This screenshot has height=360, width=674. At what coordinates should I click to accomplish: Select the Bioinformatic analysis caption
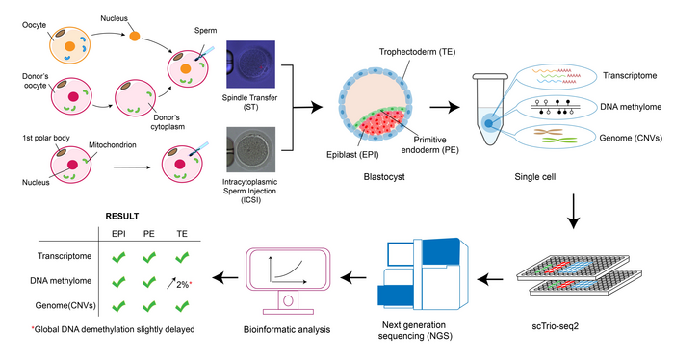click(287, 330)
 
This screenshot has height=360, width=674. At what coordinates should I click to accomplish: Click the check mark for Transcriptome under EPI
click(120, 258)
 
